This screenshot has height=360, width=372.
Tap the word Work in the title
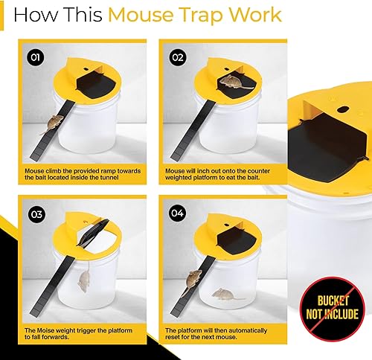pos(259,16)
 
